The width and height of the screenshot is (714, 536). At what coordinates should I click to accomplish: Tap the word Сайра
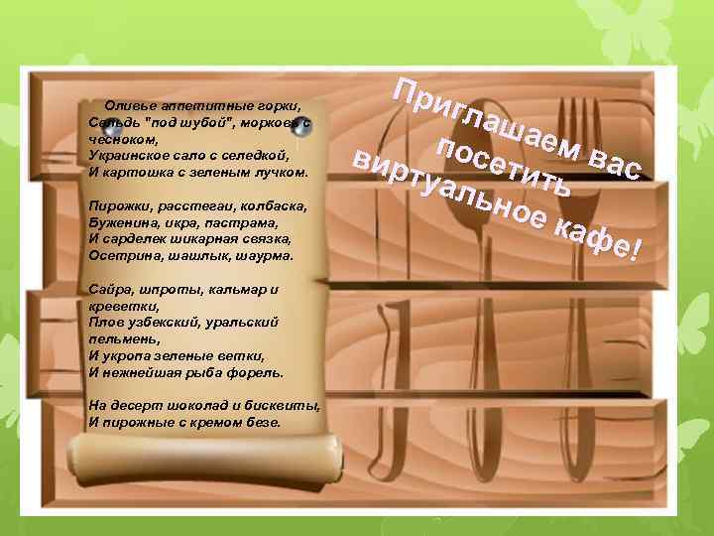point(107,290)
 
